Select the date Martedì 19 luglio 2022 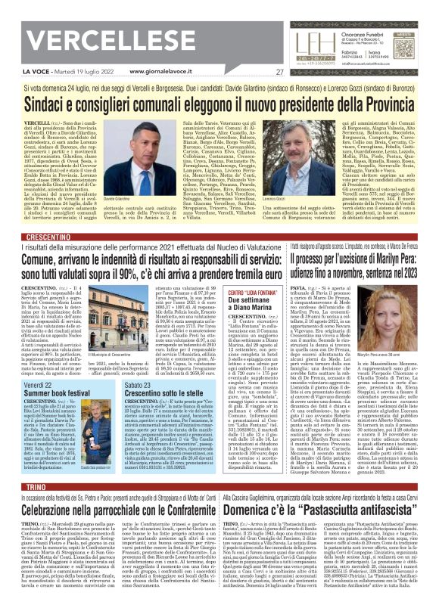coord(73,73)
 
